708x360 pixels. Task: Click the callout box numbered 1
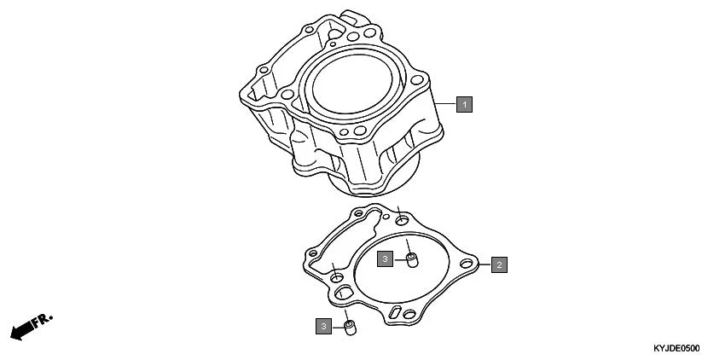463,104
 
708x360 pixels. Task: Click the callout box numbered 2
499,264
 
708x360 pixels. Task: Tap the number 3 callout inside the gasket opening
386,258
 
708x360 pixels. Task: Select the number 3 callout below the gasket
324,325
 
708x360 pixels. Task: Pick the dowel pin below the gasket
349,327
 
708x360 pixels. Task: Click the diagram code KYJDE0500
676,350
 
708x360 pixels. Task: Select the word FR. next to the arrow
44,321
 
